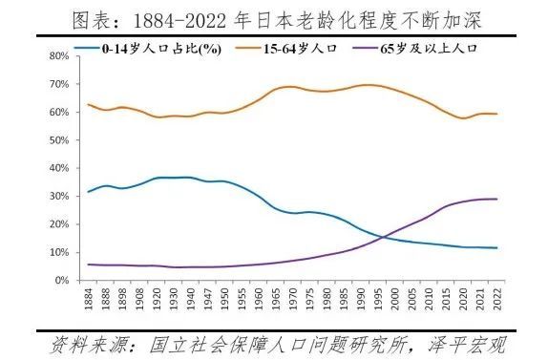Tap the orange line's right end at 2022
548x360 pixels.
pos(496,114)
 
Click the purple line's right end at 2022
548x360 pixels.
pos(496,199)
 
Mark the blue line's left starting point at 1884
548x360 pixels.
pos(89,192)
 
